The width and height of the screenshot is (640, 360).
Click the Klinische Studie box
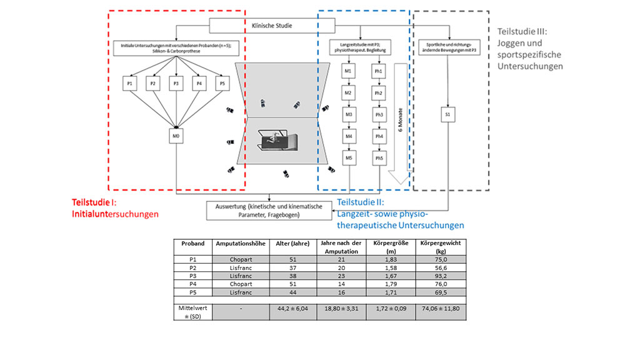pyautogui.click(x=271, y=26)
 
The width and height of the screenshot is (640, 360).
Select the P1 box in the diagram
pyautogui.click(x=130, y=83)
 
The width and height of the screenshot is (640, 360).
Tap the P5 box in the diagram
pyautogui.click(x=222, y=83)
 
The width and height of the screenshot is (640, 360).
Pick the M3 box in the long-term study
pyautogui.click(x=349, y=115)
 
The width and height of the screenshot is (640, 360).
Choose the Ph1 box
pyautogui.click(x=378, y=72)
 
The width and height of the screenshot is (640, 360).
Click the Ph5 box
pyautogui.click(x=378, y=159)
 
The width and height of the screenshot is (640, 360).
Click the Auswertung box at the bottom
pyautogui.click(x=269, y=210)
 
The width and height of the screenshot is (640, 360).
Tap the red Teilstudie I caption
pyautogui.click(x=115, y=208)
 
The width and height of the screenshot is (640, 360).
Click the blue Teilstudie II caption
pyautogui.click(x=400, y=213)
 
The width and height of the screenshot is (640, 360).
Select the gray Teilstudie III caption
pyautogui.click(x=530, y=48)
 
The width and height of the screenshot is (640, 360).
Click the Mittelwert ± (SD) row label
pyautogui.click(x=192, y=311)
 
